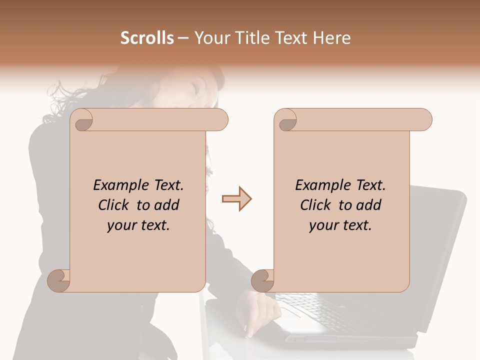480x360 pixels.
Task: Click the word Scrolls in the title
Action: (147, 38)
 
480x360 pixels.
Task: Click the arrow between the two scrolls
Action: (236, 199)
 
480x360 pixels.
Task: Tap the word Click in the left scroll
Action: (114, 205)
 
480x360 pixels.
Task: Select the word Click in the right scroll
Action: (316, 205)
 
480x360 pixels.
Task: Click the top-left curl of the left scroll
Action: (82, 121)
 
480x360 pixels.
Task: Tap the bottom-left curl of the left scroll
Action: (59, 280)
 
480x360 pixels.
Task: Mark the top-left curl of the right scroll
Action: (286, 121)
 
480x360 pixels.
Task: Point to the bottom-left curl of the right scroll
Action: (263, 280)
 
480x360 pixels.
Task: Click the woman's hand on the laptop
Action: (260, 310)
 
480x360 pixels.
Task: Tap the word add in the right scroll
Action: (369, 205)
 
